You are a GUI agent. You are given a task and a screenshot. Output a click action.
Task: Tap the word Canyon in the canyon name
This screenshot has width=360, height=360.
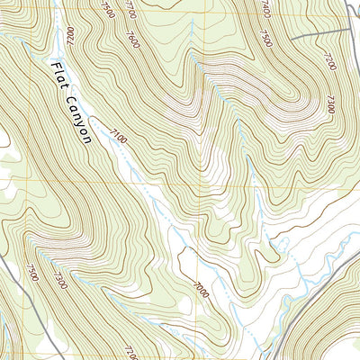[x=80, y=119]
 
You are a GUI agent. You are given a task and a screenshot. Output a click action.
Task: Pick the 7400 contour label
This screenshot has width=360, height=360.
[x=265, y=9]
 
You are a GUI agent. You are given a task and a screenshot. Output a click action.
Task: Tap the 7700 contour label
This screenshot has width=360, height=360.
[x=131, y=10]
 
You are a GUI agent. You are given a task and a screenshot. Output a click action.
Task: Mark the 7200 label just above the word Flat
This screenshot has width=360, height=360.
[x=68, y=37]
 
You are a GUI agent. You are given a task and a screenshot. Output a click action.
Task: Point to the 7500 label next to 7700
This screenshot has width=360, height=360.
[x=107, y=9]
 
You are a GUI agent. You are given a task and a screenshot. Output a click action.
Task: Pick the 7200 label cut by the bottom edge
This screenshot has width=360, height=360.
[x=131, y=352]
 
